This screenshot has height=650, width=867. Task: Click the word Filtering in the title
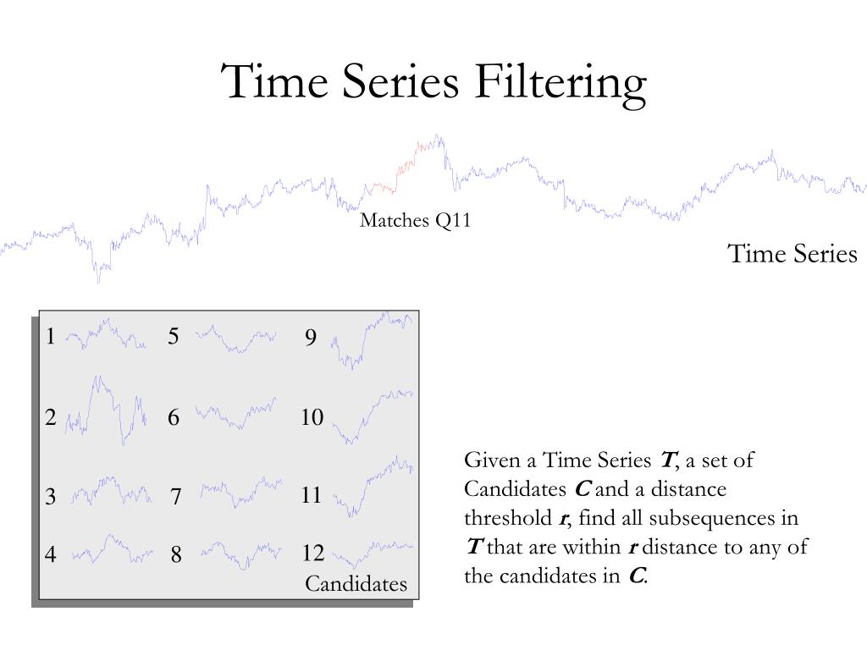[x=560, y=83]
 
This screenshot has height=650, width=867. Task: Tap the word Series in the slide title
[x=400, y=81]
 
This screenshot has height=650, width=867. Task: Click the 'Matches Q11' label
[x=415, y=220]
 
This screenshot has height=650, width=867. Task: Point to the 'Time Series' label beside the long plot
[x=792, y=254]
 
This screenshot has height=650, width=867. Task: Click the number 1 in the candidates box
[x=51, y=336]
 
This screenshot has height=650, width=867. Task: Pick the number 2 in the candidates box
[x=50, y=416]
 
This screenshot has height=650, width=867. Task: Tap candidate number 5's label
[x=173, y=336]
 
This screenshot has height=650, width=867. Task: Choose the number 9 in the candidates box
[x=311, y=337]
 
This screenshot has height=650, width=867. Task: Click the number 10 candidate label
[x=312, y=416]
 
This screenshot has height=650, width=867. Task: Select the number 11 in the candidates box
[x=311, y=494]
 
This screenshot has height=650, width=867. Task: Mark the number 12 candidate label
[x=312, y=553]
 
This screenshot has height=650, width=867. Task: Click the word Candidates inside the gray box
[x=356, y=584]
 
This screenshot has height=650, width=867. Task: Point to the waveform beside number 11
[x=373, y=486]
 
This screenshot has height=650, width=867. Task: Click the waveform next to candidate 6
[x=235, y=413]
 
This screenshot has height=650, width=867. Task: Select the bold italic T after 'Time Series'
[x=667, y=460]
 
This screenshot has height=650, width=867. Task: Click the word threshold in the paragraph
[x=508, y=518]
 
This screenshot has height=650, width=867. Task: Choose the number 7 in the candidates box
[x=176, y=496]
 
